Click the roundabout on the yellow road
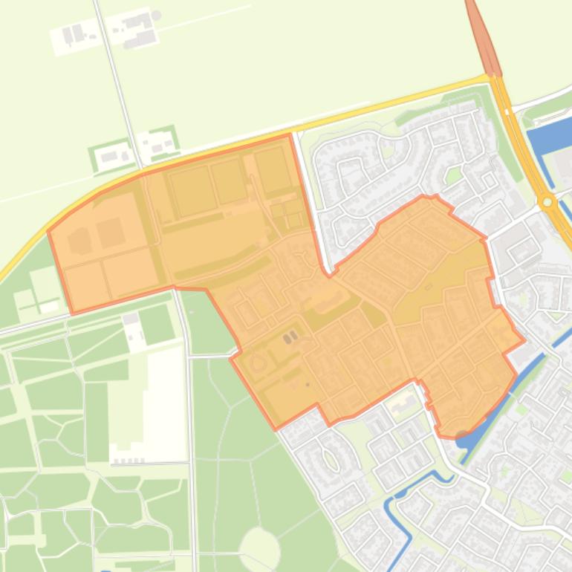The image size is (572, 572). (547, 201)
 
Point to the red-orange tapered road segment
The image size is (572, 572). (481, 37)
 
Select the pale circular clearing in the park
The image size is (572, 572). (259, 547)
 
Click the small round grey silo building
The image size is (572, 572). (156, 16)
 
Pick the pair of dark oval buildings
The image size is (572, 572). (290, 337)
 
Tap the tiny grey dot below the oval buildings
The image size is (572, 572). (307, 385)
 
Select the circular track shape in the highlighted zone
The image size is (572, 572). (258, 364)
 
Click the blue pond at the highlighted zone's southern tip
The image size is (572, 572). (464, 438)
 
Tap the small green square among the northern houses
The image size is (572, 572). (453, 176)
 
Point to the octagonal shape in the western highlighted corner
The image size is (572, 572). (79, 241)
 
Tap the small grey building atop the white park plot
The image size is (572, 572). (131, 319)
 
